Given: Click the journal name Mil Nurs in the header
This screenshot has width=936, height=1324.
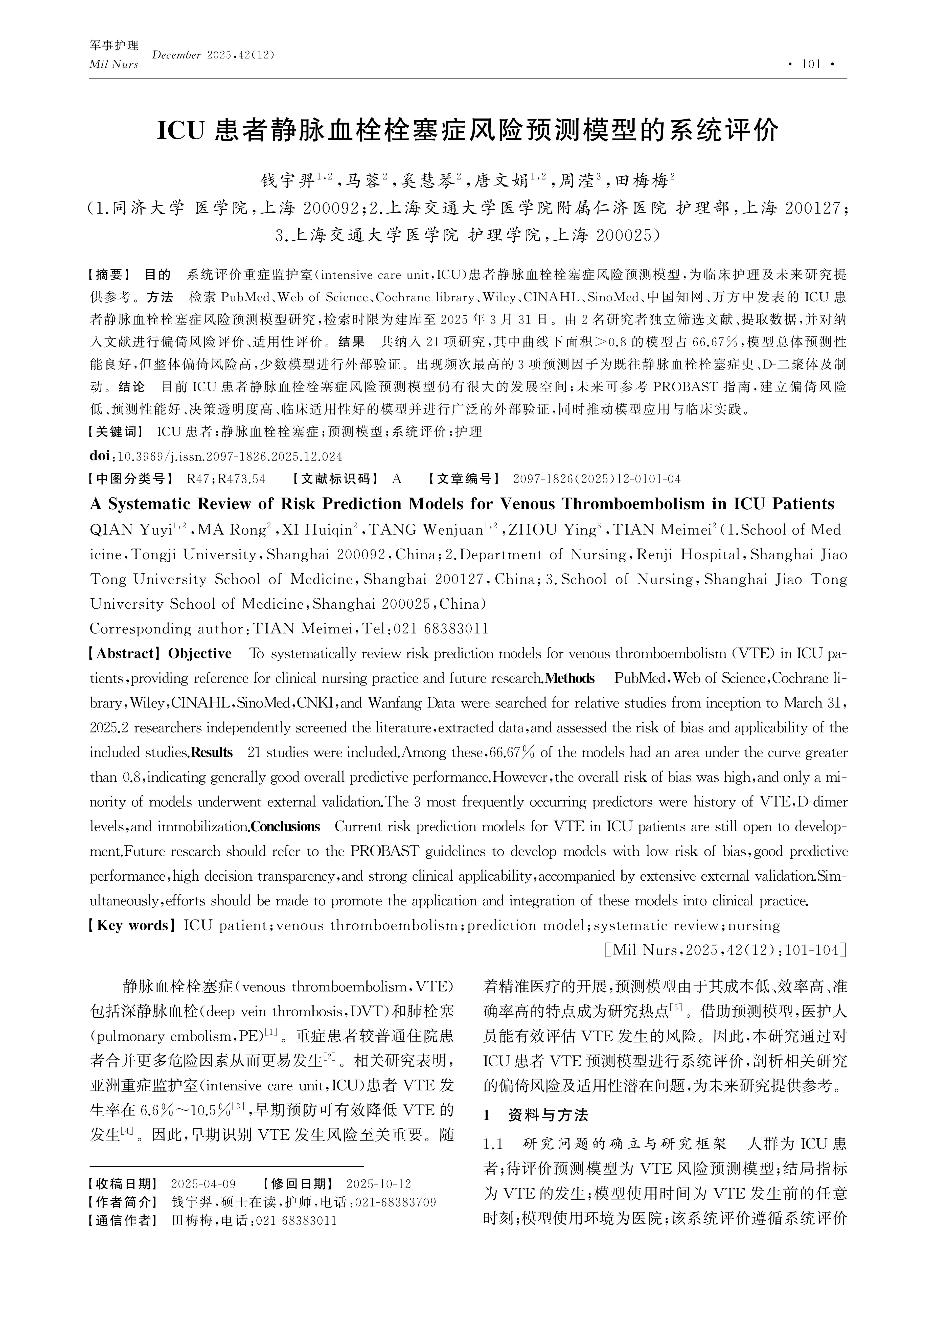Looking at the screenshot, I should [x=113, y=65].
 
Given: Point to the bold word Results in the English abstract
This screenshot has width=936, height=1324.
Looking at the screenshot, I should [x=212, y=752].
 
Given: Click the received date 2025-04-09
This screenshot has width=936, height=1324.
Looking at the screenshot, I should [x=203, y=1184].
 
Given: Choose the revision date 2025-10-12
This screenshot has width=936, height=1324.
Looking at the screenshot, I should [x=378, y=1184].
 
